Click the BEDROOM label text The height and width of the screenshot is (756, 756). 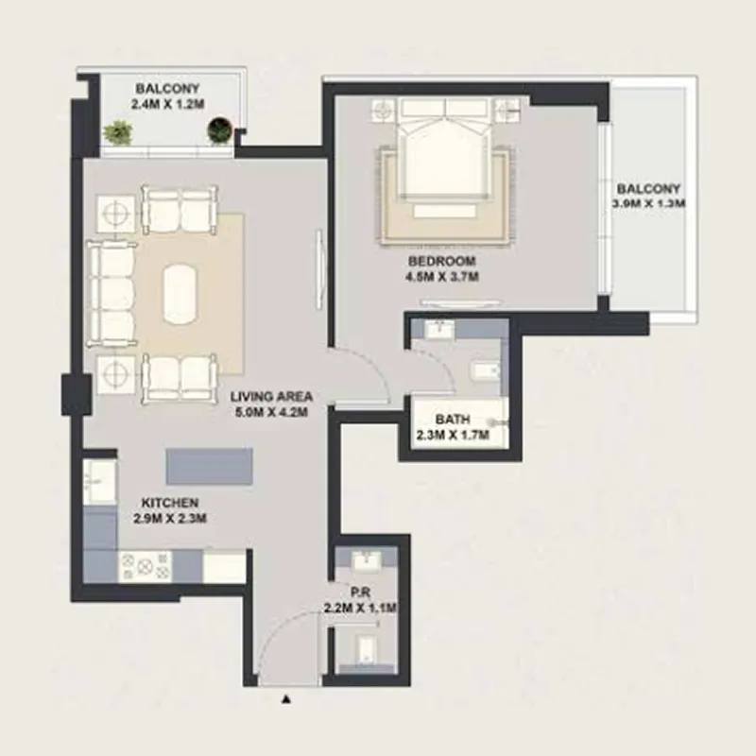click(x=441, y=261)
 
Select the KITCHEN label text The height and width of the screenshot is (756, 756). click(x=170, y=503)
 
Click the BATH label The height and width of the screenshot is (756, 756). click(x=454, y=420)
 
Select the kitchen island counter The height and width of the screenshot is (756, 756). click(x=209, y=466)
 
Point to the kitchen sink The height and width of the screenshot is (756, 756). click(x=98, y=482)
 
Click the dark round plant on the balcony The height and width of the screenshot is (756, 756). click(x=219, y=130)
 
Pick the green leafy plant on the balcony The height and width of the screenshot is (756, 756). click(x=117, y=132)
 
